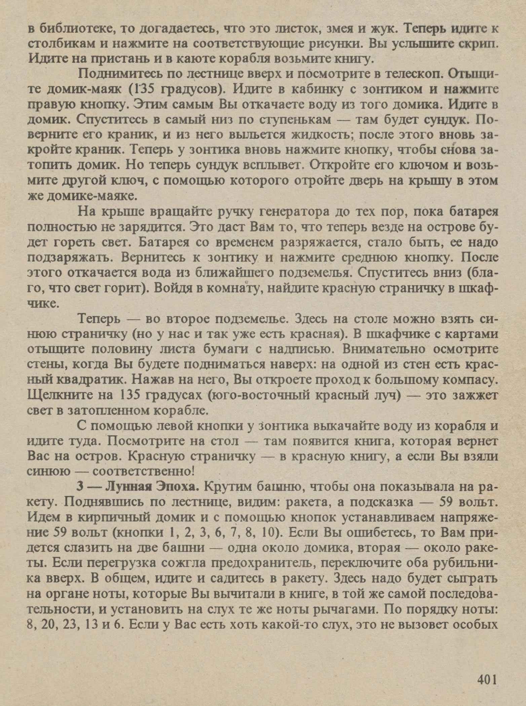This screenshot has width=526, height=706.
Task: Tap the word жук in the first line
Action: coord(381,29)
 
